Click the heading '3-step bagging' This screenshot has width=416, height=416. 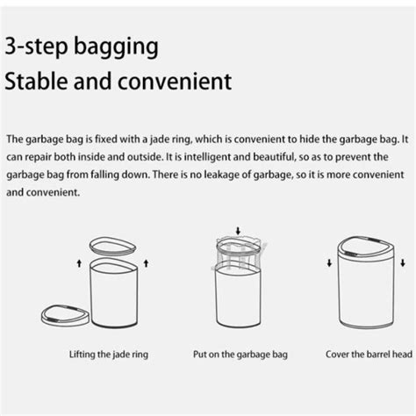pyautogui.click(x=83, y=47)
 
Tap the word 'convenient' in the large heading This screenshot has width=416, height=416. pyautogui.click(x=179, y=82)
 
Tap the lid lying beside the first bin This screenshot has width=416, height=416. pyautogui.click(x=66, y=312)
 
